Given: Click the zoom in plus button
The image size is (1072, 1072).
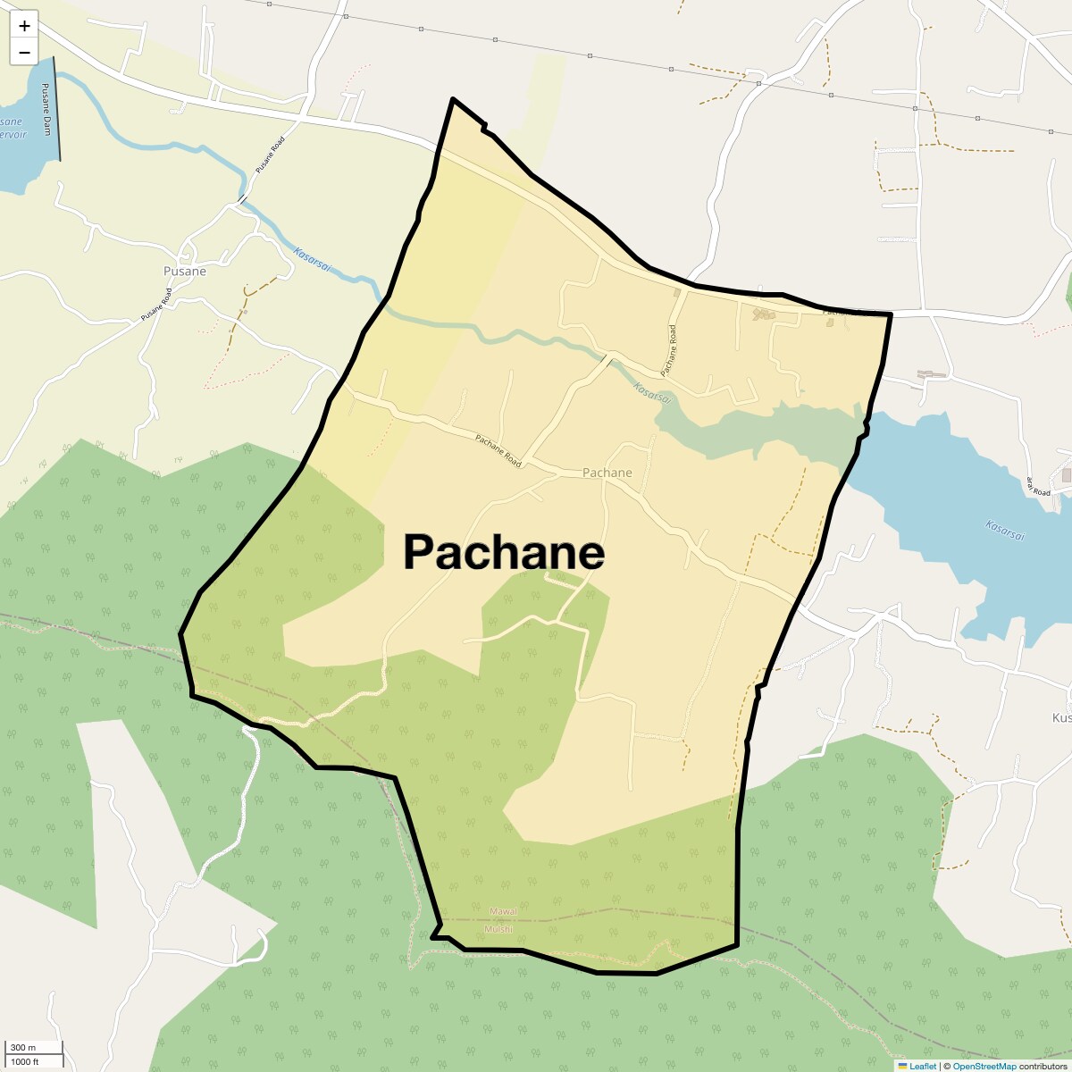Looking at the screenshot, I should click(24, 26).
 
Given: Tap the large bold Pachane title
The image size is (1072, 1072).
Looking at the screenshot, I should click(504, 552).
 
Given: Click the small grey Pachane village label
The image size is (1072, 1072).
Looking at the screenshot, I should click(607, 473).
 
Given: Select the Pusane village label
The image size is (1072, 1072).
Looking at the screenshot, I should click(185, 271).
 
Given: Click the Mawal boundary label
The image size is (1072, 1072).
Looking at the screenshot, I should click(503, 911).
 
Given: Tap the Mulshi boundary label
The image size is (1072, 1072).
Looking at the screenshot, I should click(498, 929).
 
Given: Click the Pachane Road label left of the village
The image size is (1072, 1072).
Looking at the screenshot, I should click(498, 451).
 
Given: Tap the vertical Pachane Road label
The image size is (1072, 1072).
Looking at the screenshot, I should click(669, 349).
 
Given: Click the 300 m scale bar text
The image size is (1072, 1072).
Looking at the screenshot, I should click(24, 1047).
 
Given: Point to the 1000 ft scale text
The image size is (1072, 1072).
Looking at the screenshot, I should click(25, 1061).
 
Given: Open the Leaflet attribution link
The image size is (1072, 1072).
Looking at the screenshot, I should click(922, 1066).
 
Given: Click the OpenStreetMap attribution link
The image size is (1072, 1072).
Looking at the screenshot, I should click(984, 1066).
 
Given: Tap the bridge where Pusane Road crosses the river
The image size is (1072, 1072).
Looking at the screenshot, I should click(241, 199).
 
